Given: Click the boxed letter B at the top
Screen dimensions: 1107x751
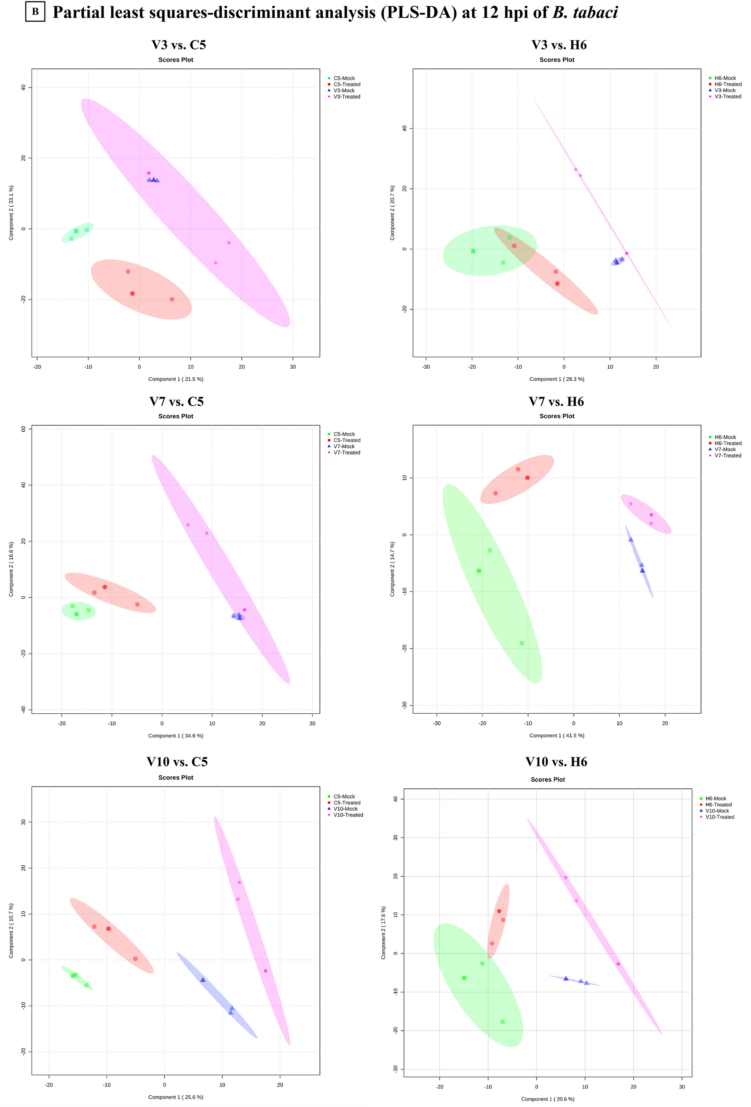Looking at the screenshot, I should tap(35, 12).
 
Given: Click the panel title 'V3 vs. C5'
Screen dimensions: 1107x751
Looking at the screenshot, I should tap(178, 45).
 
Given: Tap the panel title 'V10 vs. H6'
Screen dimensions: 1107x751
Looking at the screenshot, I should tap(556, 762).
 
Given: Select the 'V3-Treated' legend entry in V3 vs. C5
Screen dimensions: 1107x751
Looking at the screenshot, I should tap(347, 97).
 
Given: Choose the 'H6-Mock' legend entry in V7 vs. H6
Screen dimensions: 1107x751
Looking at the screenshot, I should tap(725, 437).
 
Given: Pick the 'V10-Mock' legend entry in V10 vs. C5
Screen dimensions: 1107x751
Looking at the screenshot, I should tap(345, 809).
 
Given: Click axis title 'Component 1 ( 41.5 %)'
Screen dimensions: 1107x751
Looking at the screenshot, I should tap(557, 736).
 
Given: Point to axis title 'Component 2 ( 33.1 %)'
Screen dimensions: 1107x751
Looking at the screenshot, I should tap(11, 212).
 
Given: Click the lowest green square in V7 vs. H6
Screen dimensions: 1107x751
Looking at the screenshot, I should tap(522, 644).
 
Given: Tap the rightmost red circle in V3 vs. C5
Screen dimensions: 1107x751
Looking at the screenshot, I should tap(172, 300).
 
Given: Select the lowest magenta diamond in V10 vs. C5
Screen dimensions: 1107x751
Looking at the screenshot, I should tap(265, 971).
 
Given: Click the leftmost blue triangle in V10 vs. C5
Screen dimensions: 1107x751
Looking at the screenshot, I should tap(203, 980).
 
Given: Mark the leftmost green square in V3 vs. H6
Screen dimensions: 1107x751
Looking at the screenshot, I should tap(473, 251).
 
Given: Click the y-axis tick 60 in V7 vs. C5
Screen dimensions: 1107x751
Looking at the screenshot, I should tap(23, 429).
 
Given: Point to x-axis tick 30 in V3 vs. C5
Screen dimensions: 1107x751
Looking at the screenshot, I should tap(293, 367).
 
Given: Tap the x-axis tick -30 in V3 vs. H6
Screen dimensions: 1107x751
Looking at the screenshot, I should tap(426, 367).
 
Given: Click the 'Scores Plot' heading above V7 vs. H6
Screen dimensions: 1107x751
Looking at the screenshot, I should tap(557, 416).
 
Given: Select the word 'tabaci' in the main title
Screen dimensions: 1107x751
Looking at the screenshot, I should tap(595, 12).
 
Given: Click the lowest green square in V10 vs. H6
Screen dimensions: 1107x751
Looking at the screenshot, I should tap(503, 1022).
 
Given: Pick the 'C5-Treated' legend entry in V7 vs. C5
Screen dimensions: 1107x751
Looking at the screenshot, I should tap(347, 440).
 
